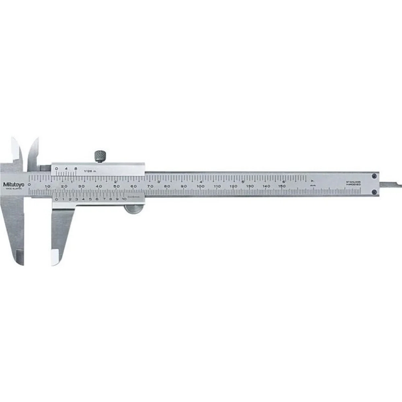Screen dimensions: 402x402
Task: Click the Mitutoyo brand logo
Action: tap(14, 184)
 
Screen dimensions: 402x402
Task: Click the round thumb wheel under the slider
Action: tap(133, 209)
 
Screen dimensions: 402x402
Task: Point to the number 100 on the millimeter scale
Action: tap(201, 186)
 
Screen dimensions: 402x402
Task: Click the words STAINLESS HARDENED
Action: tap(354, 183)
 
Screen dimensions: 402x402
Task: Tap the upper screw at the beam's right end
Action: tap(374, 175)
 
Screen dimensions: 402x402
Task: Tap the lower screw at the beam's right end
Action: tap(374, 192)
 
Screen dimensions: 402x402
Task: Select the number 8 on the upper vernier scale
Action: tap(76, 168)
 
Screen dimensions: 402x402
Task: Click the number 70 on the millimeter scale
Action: tap(150, 186)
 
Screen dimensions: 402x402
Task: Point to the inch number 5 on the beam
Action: tap(242, 181)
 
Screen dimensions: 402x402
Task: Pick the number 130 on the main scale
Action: tap(250, 186)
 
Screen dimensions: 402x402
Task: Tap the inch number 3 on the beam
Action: tap(158, 181)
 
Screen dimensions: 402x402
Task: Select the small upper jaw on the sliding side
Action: tap(33, 151)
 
